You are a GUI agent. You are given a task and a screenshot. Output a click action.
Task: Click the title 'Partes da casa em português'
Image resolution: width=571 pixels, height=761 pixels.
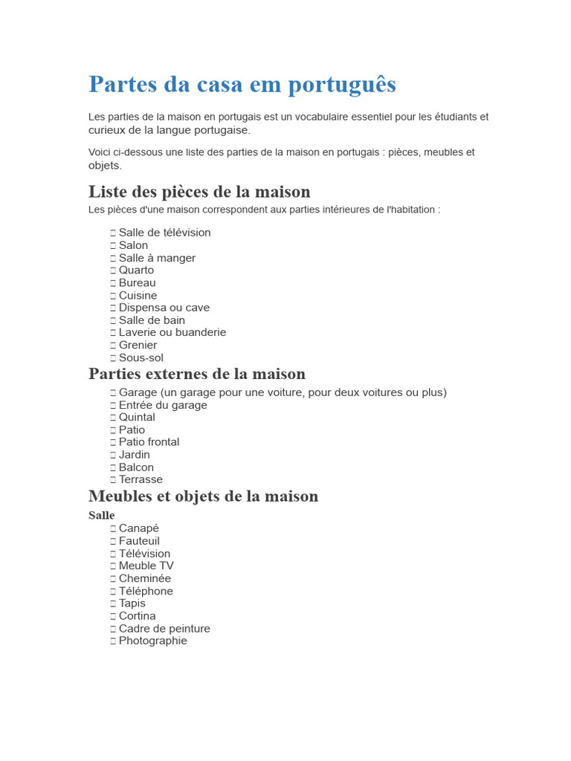(242, 84)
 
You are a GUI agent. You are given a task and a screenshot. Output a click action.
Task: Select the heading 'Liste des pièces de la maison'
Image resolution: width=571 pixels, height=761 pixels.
(199, 192)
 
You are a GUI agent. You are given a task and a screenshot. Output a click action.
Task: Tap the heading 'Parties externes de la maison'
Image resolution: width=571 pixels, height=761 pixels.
(197, 373)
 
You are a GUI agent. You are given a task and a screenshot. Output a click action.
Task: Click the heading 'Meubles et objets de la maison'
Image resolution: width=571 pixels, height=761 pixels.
(203, 496)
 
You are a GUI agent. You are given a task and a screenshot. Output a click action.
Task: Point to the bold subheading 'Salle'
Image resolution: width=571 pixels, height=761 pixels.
(102, 515)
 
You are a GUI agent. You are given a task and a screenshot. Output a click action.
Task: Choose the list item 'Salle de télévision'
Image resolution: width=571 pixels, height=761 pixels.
(164, 233)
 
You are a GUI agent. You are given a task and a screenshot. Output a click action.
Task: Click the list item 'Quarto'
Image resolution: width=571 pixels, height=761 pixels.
(136, 270)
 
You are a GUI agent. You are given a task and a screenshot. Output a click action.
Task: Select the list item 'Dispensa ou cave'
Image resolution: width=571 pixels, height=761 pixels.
(164, 308)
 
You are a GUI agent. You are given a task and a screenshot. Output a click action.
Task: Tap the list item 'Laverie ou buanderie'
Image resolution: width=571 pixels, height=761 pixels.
(172, 332)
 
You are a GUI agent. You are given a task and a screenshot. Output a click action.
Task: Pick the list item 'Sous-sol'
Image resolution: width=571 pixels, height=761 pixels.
(141, 357)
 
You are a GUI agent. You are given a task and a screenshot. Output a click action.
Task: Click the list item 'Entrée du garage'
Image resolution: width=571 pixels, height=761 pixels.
(163, 405)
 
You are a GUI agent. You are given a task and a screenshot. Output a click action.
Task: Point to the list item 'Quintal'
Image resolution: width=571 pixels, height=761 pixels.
(137, 417)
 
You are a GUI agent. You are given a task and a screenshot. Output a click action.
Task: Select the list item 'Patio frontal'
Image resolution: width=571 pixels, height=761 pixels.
(149, 441)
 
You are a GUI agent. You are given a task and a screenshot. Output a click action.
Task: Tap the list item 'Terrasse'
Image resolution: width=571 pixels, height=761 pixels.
(141, 479)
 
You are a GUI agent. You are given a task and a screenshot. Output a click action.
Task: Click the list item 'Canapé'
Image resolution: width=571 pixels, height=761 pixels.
(139, 528)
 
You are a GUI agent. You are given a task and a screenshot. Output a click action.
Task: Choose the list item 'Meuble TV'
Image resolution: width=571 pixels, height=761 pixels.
(146, 566)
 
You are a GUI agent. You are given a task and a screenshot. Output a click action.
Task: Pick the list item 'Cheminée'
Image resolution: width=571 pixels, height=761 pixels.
(144, 578)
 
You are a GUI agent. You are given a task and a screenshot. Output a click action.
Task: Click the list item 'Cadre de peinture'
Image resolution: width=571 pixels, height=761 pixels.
(164, 629)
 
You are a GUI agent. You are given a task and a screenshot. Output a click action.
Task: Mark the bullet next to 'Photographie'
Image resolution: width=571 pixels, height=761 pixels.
(113, 641)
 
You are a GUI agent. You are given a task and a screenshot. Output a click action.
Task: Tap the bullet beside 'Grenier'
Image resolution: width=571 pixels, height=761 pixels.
(113, 345)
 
